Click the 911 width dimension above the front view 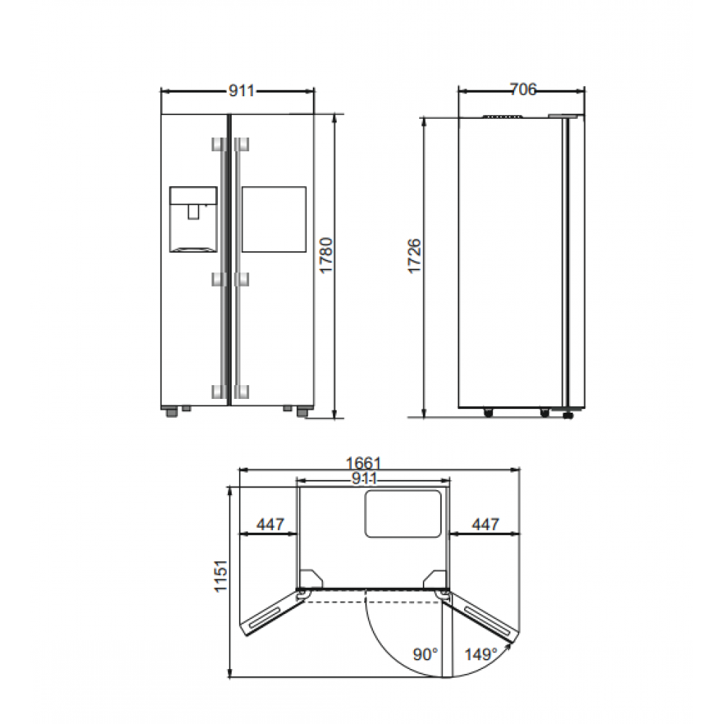pyautogui.click(x=242, y=91)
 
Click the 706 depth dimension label pyautogui.click(x=523, y=89)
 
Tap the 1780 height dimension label pyautogui.click(x=327, y=256)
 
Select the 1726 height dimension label pyautogui.click(x=414, y=256)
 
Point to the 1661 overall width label pyautogui.click(x=363, y=463)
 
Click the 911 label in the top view pyautogui.click(x=365, y=479)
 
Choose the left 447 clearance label pyautogui.click(x=271, y=524)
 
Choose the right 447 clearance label pyautogui.click(x=486, y=524)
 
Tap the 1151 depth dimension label pyautogui.click(x=221, y=576)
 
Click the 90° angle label pyautogui.click(x=425, y=654)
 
